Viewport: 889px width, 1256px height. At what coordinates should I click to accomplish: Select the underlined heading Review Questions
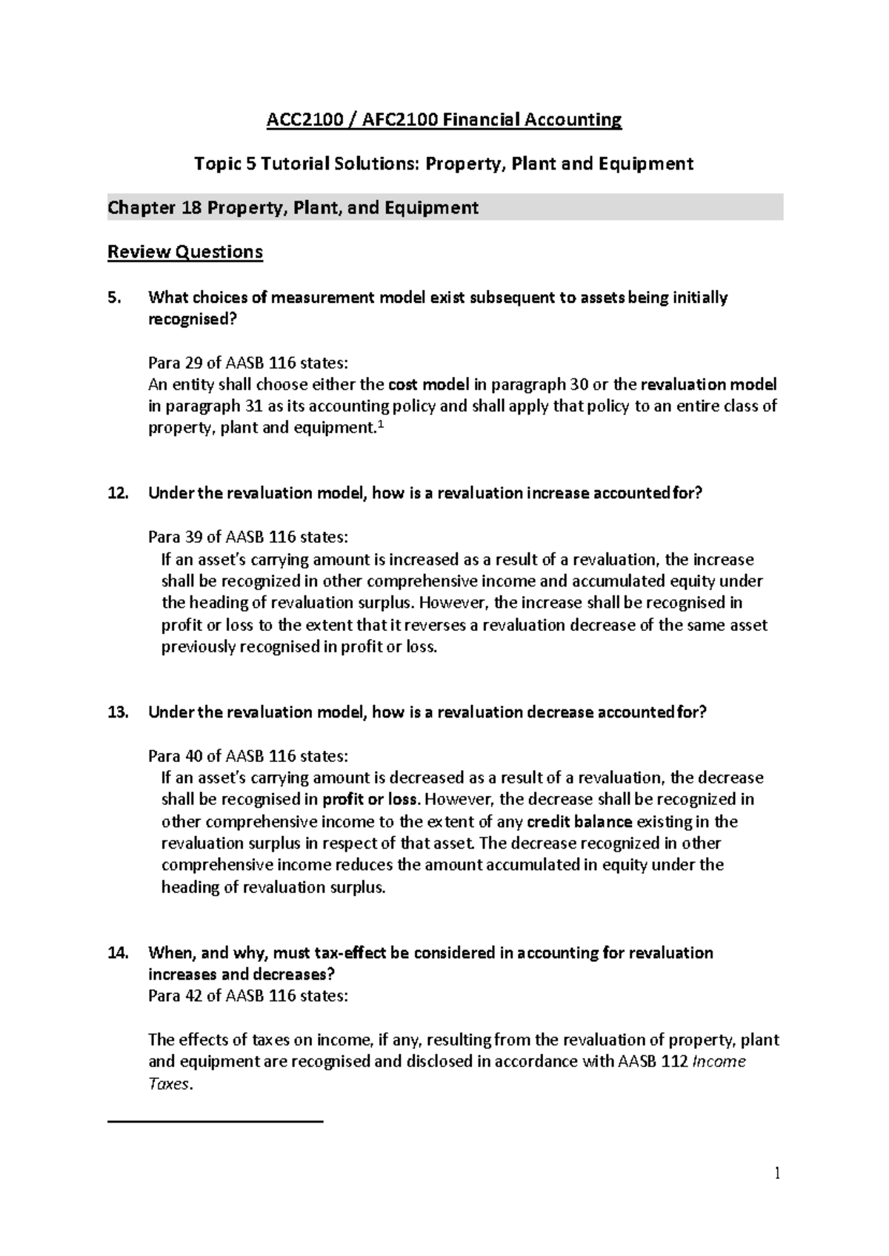(x=185, y=252)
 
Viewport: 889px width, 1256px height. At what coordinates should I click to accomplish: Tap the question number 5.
(x=113, y=298)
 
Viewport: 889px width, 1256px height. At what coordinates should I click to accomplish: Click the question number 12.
(x=117, y=493)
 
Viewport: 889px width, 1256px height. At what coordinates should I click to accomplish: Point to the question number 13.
(x=117, y=712)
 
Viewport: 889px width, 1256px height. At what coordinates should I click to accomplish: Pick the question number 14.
(x=117, y=952)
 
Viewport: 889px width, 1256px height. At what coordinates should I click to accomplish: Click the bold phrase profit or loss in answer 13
(x=371, y=799)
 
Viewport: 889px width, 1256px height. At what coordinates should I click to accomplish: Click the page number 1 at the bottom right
(x=777, y=1172)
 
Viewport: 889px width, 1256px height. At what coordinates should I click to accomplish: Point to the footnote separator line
(x=216, y=1123)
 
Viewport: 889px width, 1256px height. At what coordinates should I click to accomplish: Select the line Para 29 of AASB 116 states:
(x=247, y=363)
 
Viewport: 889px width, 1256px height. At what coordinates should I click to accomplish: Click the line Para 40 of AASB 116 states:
(x=247, y=756)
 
